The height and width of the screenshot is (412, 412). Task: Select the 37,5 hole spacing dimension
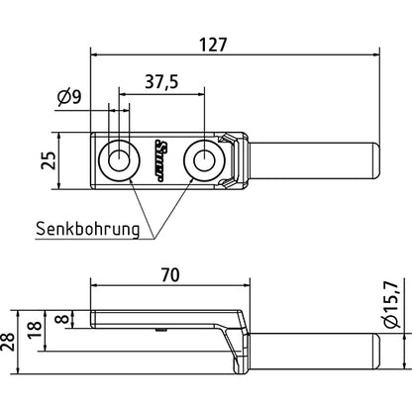(x=160, y=83)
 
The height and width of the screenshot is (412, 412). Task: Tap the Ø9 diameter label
(x=69, y=96)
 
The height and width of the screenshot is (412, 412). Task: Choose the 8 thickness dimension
(x=61, y=319)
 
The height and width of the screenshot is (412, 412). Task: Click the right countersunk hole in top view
(x=206, y=159)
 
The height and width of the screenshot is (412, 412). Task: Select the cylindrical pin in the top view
(x=312, y=159)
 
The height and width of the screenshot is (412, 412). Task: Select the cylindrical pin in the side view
(x=312, y=350)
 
